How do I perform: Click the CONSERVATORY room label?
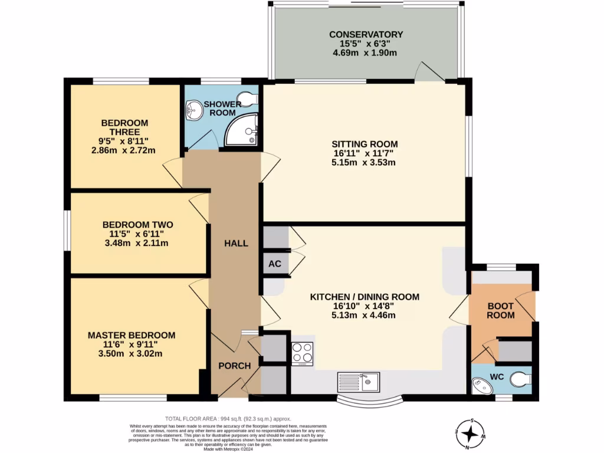tap(366, 34)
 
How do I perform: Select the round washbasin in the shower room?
tap(194, 110)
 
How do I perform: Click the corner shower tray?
tap(241, 129)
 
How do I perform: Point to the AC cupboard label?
tap(275, 264)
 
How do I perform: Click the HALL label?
tap(236, 244)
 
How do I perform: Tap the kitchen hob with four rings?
tap(303, 353)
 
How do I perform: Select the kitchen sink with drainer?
tap(359, 382)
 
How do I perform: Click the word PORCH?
tap(235, 366)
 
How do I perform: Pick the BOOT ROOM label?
tap(500, 310)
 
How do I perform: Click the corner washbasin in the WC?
tap(481, 386)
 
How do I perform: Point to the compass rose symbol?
tap(470, 434)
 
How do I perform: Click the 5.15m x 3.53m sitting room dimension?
tap(363, 162)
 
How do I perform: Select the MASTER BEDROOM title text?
tap(132, 335)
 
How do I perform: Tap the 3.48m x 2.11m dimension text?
tap(136, 243)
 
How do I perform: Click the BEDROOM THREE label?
tap(124, 127)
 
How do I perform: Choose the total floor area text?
tap(228, 419)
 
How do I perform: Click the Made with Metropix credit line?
tap(228, 449)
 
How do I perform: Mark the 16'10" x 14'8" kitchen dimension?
tap(363, 306)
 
